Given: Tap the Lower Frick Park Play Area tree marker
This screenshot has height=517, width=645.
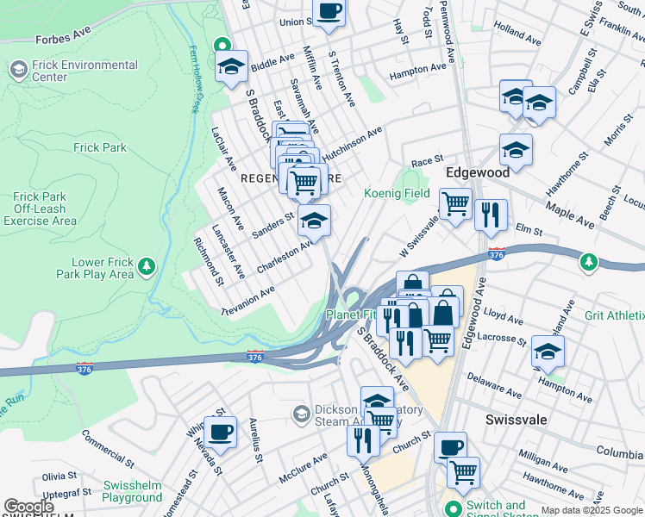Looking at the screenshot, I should point(147,264).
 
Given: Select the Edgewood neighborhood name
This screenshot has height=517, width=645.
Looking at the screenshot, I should point(477,172).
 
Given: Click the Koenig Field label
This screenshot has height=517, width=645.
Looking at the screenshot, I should point(397,193).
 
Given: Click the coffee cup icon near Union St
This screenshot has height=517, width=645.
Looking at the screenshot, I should point(329,12).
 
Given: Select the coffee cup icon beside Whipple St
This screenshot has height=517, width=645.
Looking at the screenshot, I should point(220,432).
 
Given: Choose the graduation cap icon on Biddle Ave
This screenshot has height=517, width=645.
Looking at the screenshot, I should point(231,66).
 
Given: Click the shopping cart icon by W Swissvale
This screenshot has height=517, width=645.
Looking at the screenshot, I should point(455,204).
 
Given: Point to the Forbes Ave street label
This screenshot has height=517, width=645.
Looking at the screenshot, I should point(63,39).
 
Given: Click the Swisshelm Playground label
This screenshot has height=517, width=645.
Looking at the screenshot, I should point(132,491).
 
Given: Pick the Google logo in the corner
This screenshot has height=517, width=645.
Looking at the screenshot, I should point(28,507).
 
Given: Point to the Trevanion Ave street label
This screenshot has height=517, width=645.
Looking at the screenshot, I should point(247,302).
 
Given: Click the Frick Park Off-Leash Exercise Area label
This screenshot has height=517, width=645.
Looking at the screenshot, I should point(40,209).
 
